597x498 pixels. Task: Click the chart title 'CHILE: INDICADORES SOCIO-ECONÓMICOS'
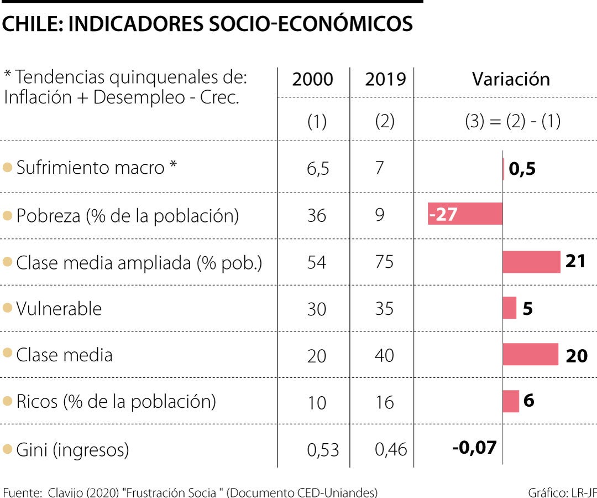pyautogui.click(x=207, y=24)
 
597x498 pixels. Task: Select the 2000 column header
pyautogui.click(x=313, y=79)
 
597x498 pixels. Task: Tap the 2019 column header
pyautogui.click(x=385, y=79)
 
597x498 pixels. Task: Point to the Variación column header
pyautogui.click(x=511, y=79)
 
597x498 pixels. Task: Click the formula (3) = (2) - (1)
pyautogui.click(x=512, y=122)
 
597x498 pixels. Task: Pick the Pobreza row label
pyautogui.click(x=127, y=215)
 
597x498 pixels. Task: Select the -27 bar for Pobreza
pyautogui.click(x=465, y=214)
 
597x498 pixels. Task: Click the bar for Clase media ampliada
pyautogui.click(x=531, y=262)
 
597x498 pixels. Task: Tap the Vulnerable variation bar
pyautogui.click(x=509, y=308)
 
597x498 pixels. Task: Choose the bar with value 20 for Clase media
pyautogui.click(x=530, y=354)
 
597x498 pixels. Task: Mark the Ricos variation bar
pyautogui.click(x=511, y=401)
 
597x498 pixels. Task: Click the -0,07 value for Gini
pyautogui.click(x=474, y=448)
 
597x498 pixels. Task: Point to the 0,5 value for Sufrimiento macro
pyautogui.click(x=522, y=169)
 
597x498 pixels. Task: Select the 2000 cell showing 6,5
pyautogui.click(x=318, y=169)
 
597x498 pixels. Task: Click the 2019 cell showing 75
pyautogui.click(x=384, y=262)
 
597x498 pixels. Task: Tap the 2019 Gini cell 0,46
pyautogui.click(x=391, y=450)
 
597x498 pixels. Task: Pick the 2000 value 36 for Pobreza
pyautogui.click(x=317, y=215)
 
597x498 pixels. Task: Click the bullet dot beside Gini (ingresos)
pyautogui.click(x=7, y=449)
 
